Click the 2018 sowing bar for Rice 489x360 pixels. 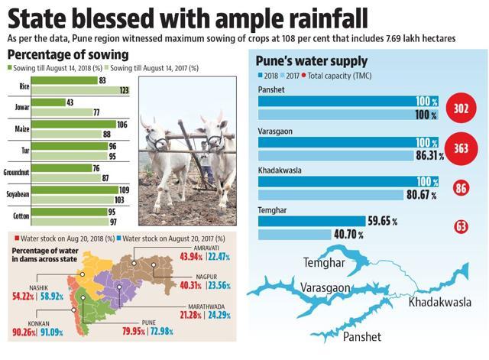pyautogui.click(x=64, y=80)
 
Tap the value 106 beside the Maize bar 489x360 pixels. pyautogui.click(x=122, y=125)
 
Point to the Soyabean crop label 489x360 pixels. pyautogui.click(x=18, y=194)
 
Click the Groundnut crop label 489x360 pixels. pyautogui.click(x=16, y=172)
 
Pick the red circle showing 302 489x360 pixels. pyautogui.click(x=461, y=109)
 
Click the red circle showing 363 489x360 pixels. pyautogui.click(x=461, y=148)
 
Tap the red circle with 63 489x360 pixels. pyautogui.click(x=461, y=226)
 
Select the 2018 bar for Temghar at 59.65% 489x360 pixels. pyautogui.click(x=312, y=221)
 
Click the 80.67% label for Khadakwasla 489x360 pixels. pyautogui.click(x=422, y=195)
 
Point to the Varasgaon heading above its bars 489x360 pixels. pyautogui.click(x=275, y=131)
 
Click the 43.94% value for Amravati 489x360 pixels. pyautogui.click(x=191, y=257)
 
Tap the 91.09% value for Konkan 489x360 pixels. pyautogui.click(x=52, y=332)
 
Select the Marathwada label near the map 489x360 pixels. pyautogui.click(x=206, y=306)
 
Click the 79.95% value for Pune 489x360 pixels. pyautogui.click(x=134, y=331)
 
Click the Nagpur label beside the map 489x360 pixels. pyautogui.click(x=206, y=277)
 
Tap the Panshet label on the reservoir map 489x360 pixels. pyautogui.click(x=361, y=337)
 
